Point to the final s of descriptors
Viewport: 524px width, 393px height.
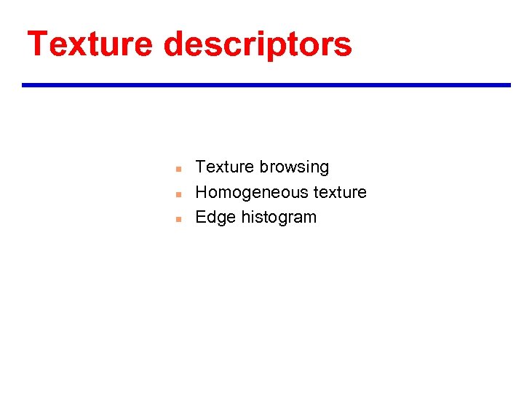344,47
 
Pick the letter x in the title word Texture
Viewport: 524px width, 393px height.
78,47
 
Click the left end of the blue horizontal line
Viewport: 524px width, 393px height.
24,85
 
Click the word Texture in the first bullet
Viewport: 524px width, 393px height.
224,167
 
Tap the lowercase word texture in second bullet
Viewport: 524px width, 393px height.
340,192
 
